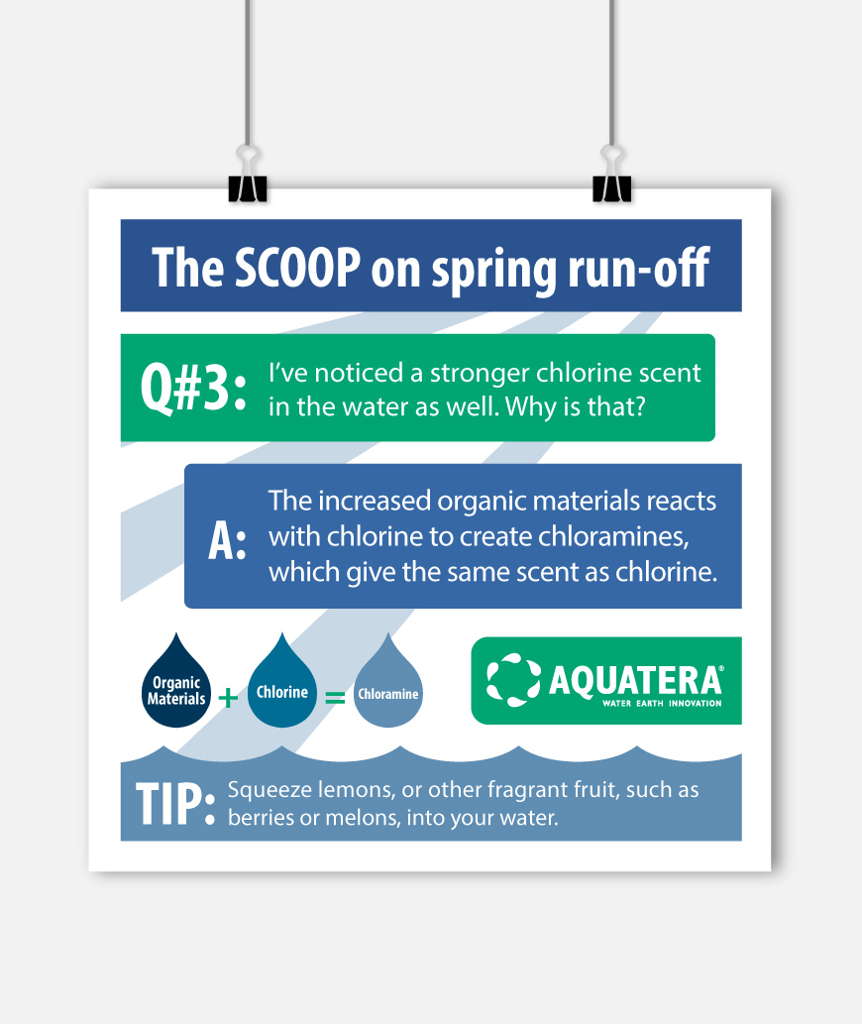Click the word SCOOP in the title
coord(297,267)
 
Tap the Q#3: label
coord(194,388)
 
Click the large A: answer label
coord(227,541)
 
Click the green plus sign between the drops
coord(228,698)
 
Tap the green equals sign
coord(335,698)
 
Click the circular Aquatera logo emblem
coord(513,680)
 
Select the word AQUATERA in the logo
coord(635,680)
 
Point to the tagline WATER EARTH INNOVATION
coord(662,704)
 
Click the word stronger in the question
coord(480,374)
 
